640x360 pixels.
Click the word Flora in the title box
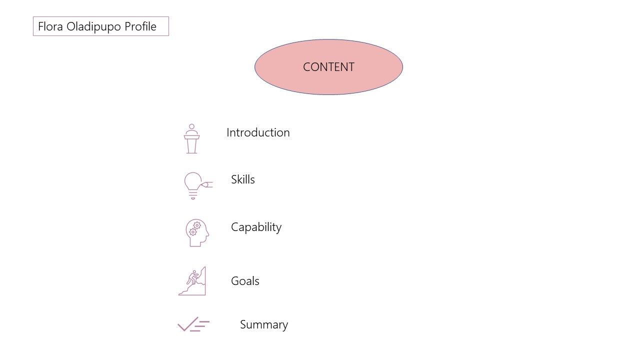50,26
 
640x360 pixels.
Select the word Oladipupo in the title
93,27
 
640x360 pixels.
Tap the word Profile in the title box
140,26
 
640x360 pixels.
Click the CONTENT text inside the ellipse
328,67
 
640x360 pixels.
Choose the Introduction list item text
258,132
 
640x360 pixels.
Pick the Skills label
243,179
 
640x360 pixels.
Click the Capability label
256,227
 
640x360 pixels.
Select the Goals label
245,281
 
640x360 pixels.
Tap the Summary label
264,325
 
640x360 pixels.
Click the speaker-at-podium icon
191,138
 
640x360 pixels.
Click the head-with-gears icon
197,232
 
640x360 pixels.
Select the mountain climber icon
192,281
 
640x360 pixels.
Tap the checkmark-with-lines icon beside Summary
193,324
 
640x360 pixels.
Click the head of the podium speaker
191,126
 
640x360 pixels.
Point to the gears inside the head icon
195,228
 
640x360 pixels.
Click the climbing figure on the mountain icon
193,277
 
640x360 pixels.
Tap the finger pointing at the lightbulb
207,185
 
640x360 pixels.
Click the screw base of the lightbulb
193,195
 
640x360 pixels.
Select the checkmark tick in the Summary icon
187,324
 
